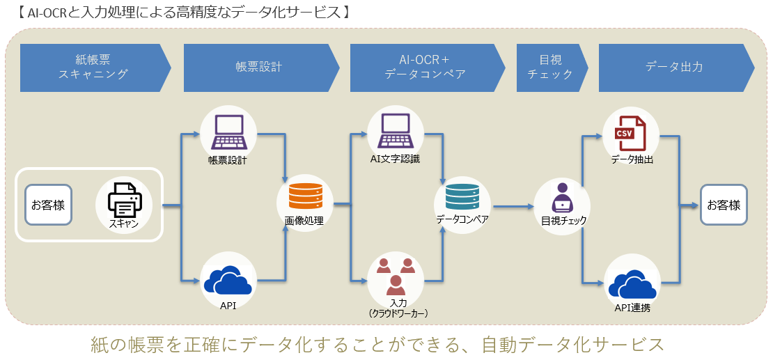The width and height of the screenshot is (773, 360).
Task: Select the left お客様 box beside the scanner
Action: (x=48, y=205)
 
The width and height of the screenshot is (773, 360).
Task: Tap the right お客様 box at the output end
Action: (x=724, y=205)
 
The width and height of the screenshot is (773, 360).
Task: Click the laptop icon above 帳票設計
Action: (x=228, y=132)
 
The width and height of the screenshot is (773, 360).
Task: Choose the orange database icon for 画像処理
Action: (x=304, y=196)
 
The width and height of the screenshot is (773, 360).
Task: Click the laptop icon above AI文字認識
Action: (x=395, y=132)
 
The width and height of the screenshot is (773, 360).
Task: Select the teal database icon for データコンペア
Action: (x=462, y=196)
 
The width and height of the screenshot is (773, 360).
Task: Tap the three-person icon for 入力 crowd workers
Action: (x=395, y=274)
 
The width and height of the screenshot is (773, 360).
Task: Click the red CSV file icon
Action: (x=630, y=132)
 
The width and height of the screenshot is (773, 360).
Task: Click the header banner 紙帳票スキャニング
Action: (x=93, y=68)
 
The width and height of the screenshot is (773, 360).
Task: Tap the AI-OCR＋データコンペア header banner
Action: (x=425, y=68)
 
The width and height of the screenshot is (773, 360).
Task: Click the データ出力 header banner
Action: (x=673, y=68)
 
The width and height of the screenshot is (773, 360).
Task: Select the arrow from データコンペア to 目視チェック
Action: (x=512, y=207)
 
